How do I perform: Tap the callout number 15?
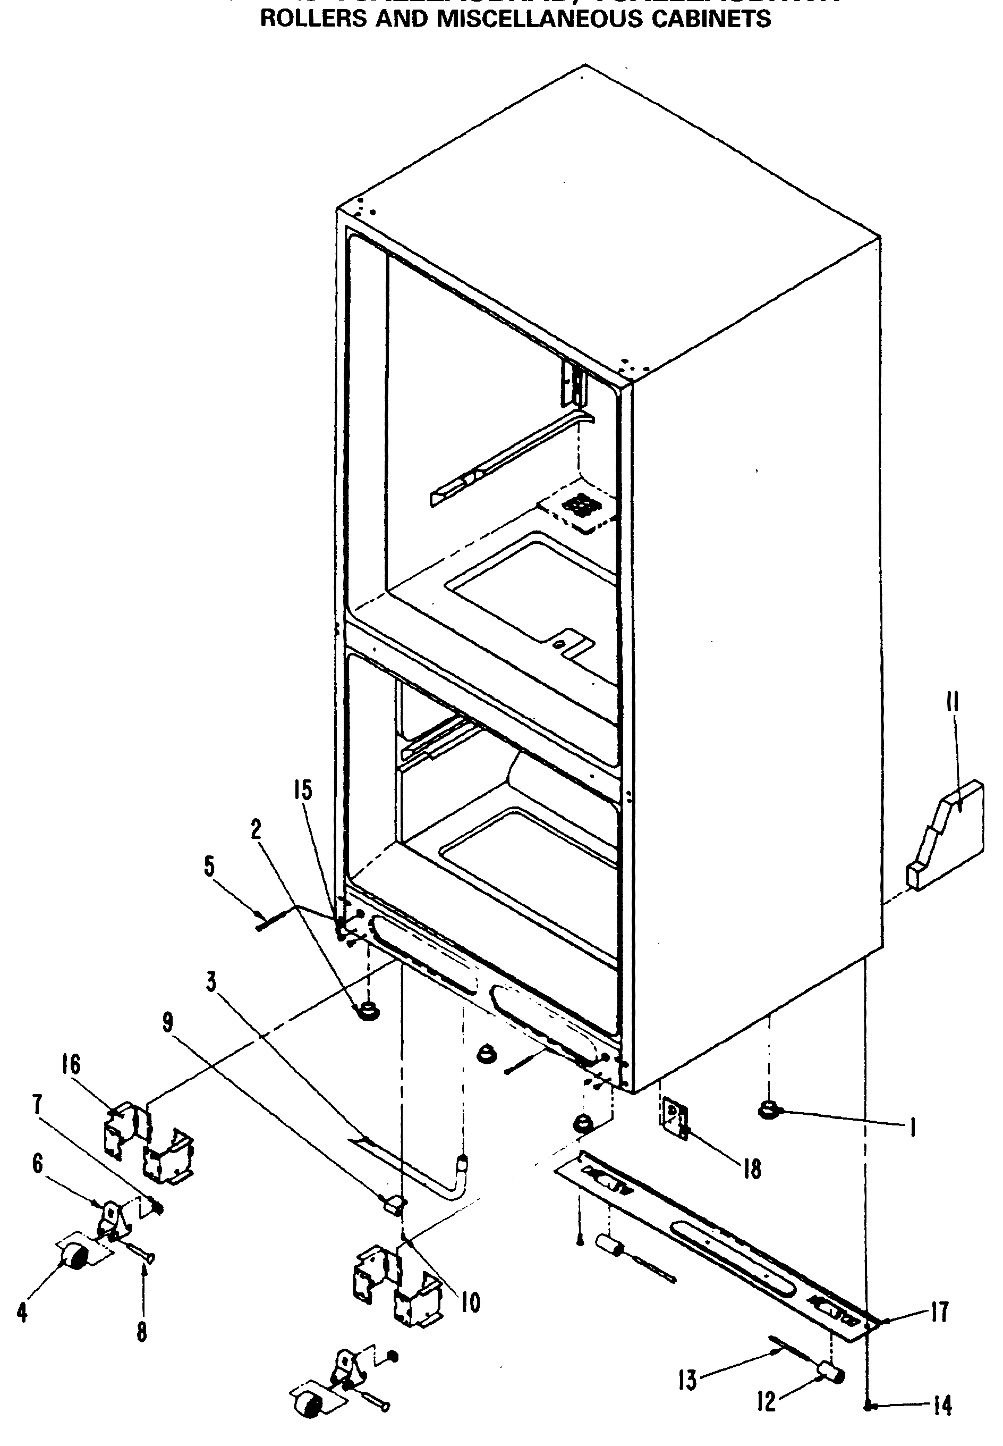click(303, 791)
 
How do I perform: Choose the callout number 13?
click(687, 1381)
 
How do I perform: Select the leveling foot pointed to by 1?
click(769, 1112)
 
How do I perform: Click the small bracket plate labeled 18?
click(674, 1120)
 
